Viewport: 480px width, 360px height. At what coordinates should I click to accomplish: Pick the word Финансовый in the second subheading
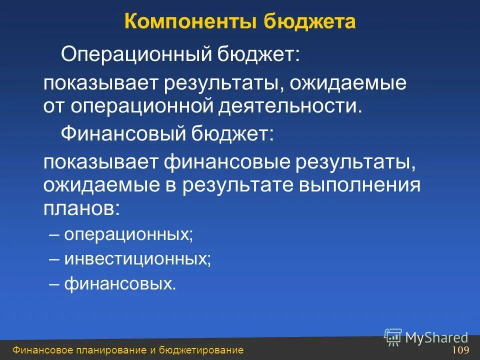(123, 134)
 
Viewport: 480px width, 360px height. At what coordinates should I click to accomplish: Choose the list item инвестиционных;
(137, 259)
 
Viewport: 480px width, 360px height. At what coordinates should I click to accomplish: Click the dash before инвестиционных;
(55, 259)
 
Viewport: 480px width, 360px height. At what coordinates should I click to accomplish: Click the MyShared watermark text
(436, 337)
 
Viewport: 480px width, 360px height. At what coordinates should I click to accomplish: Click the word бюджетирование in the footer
(204, 350)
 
